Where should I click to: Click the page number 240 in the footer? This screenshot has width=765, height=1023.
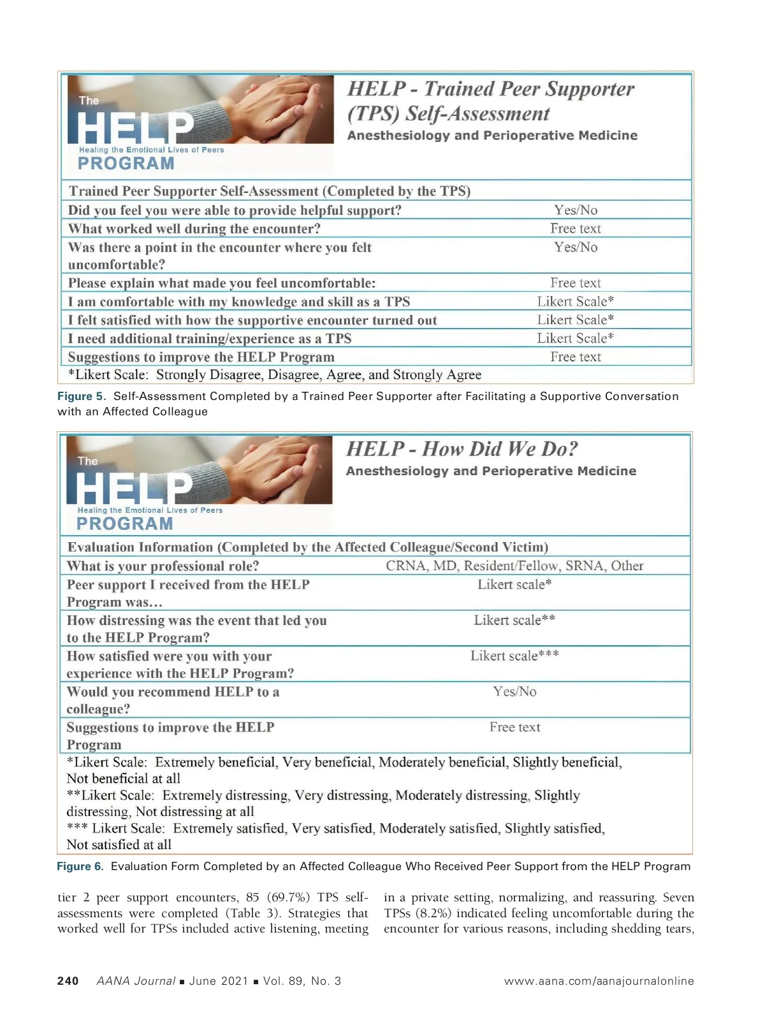pos(68,981)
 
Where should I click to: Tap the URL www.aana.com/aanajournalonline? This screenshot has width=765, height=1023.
pos(599,981)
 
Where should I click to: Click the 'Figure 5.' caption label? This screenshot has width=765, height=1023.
pos(83,396)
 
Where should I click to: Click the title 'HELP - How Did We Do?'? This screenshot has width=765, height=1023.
pos(462,449)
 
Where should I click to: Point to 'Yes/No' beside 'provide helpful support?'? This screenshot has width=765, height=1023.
pos(576,210)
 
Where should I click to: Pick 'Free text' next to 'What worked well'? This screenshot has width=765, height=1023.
pos(576,229)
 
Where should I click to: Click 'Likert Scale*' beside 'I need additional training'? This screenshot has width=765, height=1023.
pos(575,338)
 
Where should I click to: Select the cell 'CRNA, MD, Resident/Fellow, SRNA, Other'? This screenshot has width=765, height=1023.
pos(514,566)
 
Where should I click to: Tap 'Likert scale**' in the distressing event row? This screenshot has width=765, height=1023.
pos(514,620)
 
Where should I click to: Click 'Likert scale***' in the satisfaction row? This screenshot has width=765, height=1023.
pos(514,655)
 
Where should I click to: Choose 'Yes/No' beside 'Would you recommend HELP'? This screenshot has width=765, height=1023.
pos(514,691)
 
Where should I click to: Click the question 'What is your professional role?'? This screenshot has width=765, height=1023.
pos(163,566)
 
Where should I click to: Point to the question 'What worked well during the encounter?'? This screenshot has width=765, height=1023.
pos(194,229)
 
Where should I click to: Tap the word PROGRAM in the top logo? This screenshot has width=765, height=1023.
pos(126,164)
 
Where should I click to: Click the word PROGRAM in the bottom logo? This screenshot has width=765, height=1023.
pos(124,524)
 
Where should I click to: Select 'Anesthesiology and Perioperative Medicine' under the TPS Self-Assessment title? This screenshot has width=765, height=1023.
pos(492,136)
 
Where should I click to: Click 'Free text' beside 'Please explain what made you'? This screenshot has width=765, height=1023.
pos(576,283)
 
